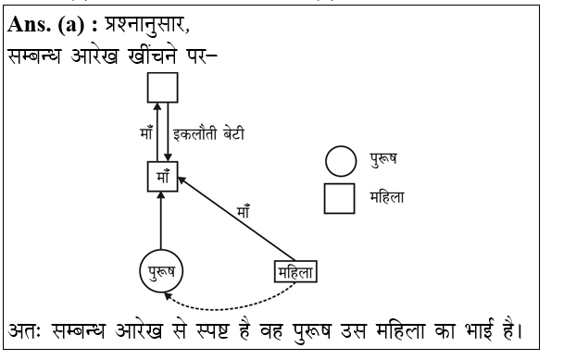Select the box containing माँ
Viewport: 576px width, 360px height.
pyautogui.click(x=162, y=176)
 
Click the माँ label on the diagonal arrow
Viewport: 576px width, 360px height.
pyautogui.click(x=244, y=212)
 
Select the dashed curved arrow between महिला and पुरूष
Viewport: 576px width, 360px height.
pyautogui.click(x=232, y=302)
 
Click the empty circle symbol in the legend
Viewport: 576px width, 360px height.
pyautogui.click(x=340, y=161)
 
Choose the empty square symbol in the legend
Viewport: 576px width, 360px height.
pyautogui.click(x=340, y=197)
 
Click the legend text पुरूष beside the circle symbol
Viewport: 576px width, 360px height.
pyautogui.click(x=382, y=161)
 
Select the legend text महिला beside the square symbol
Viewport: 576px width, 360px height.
pyautogui.click(x=386, y=197)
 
